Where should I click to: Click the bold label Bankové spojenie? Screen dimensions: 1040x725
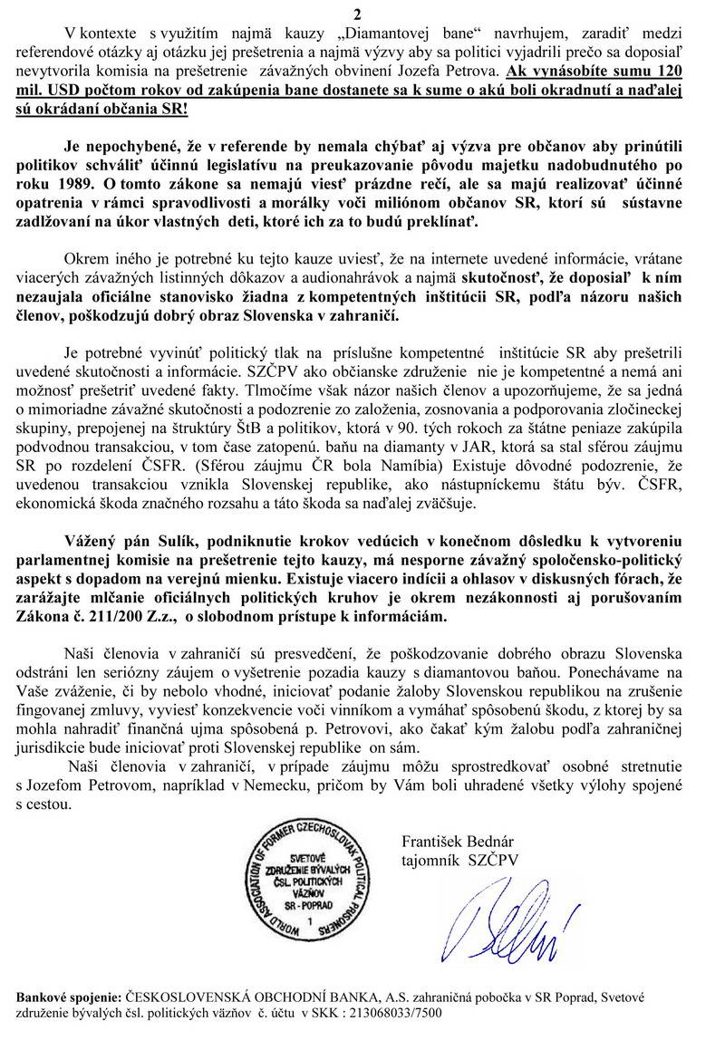67,997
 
